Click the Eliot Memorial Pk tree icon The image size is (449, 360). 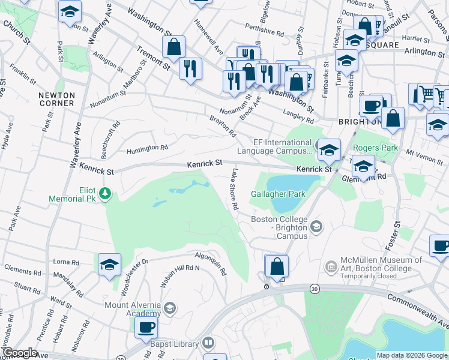coord(106,193)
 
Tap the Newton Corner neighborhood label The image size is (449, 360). coord(56,99)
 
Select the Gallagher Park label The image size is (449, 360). coord(279,194)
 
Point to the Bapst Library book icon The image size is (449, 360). coord(207,344)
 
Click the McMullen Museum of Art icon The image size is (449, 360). coord(331,266)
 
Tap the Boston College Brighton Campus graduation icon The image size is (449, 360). coord(316,226)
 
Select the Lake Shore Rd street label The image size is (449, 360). coord(234,189)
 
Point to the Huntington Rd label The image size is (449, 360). coord(148,148)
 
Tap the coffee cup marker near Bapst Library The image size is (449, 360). coord(146,328)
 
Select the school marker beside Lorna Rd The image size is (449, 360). coord(110,265)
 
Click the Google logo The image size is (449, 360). coord(19,353)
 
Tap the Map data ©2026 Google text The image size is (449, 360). coord(412,355)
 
